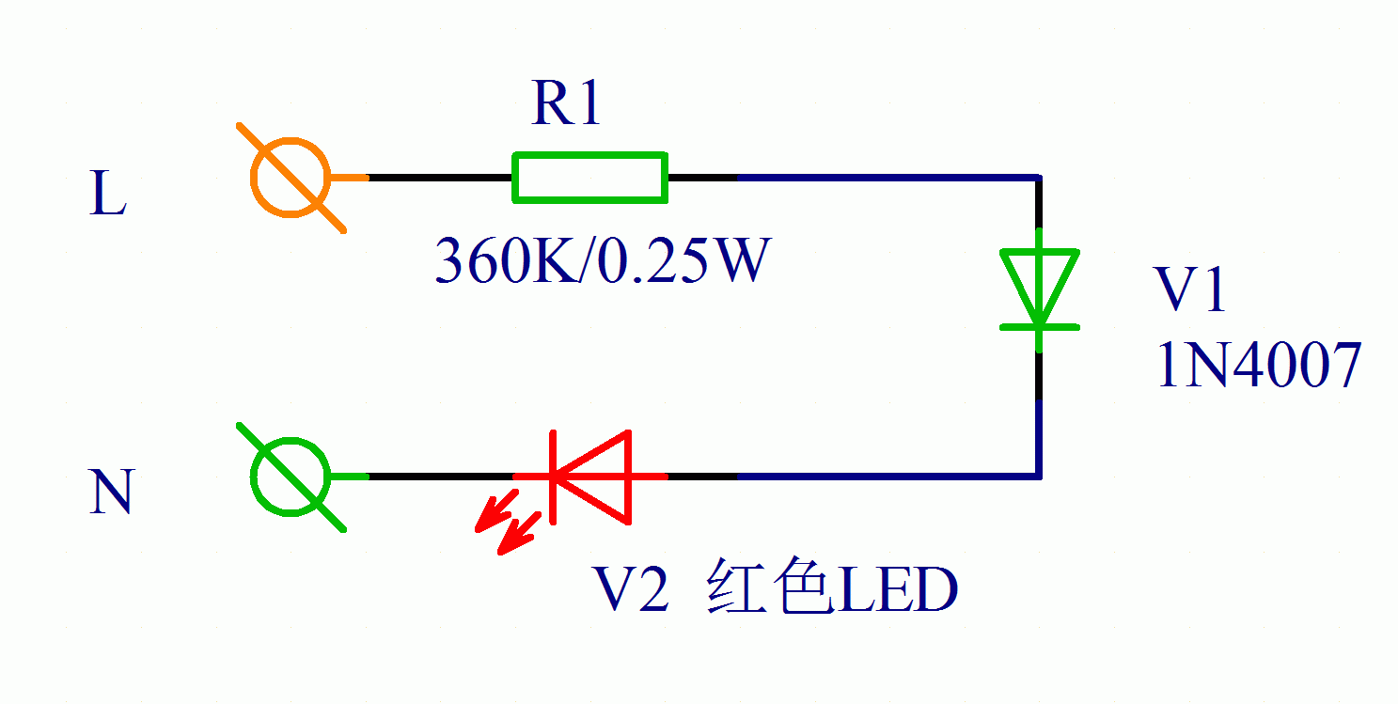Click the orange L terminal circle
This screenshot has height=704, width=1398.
click(x=291, y=177)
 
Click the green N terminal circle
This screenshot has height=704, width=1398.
click(x=291, y=477)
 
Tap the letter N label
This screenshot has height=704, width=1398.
click(x=110, y=493)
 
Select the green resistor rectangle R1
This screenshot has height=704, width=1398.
click(x=589, y=177)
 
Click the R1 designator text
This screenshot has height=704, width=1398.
click(x=565, y=103)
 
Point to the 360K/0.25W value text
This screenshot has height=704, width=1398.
click(x=602, y=262)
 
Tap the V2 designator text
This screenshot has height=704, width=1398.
click(x=629, y=590)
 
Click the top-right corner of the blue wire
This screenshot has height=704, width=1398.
click(x=1038, y=178)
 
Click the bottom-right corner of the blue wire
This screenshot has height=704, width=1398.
click(x=1038, y=476)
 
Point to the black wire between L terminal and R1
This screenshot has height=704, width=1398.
click(x=439, y=177)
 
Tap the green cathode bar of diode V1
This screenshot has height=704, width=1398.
click(x=1038, y=327)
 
